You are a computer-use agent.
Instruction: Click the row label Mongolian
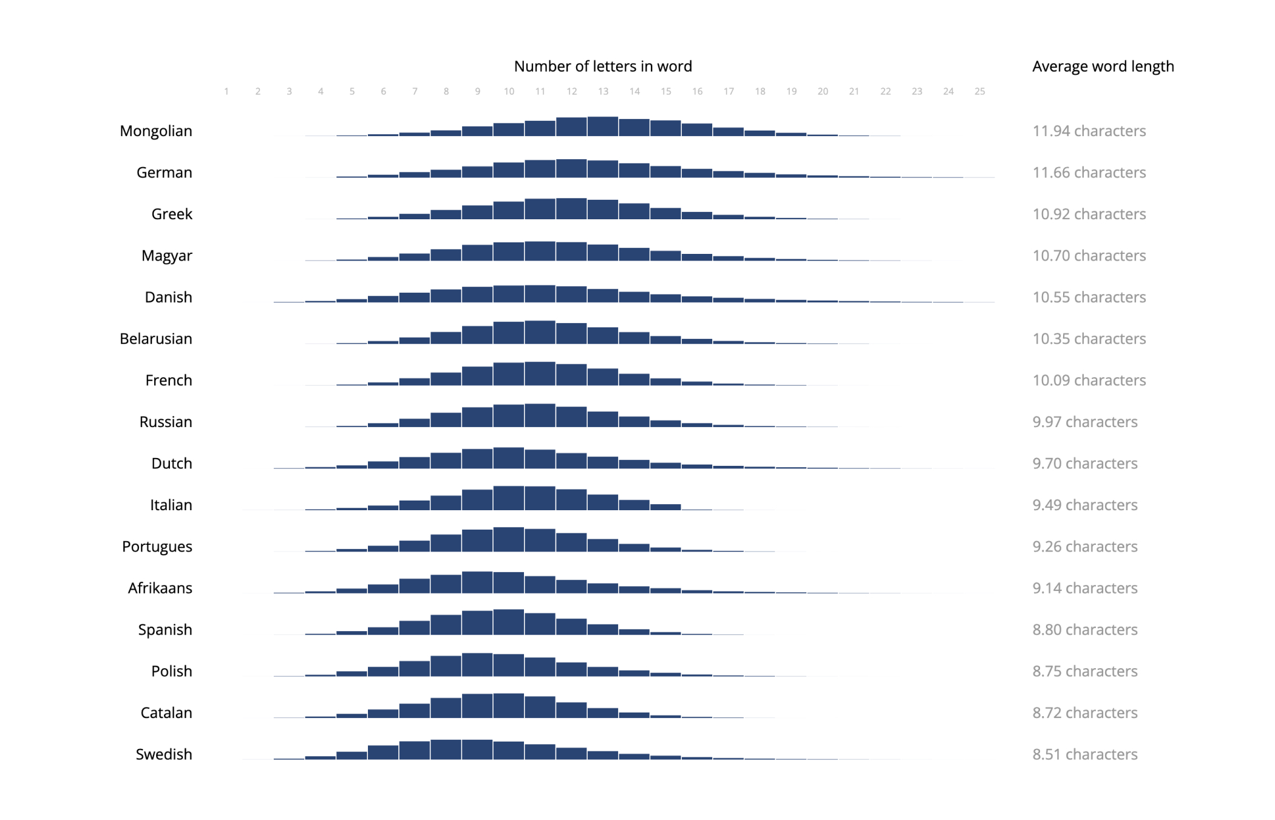click(155, 131)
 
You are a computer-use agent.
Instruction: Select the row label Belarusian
click(155, 338)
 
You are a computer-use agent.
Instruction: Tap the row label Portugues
click(157, 546)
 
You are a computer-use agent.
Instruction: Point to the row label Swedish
click(163, 754)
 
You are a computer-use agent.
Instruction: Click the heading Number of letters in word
click(602, 66)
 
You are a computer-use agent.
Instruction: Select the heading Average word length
click(1103, 66)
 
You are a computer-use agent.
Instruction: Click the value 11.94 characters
click(1089, 131)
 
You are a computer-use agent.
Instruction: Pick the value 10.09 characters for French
click(1089, 380)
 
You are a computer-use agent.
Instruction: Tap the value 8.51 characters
click(1084, 754)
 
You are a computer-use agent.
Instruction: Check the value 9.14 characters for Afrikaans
click(1084, 588)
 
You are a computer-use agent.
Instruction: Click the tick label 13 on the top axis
click(603, 91)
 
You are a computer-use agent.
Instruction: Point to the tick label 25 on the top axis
click(979, 91)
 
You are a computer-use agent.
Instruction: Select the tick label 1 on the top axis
click(226, 91)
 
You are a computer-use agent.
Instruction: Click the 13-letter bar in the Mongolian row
click(603, 126)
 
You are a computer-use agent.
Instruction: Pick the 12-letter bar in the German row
click(571, 168)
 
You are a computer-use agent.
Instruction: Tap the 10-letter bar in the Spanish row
click(509, 622)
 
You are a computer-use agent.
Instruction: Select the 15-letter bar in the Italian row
click(665, 507)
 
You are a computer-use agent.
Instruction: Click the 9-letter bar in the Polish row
click(477, 665)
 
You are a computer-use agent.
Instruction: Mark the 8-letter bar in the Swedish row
click(446, 750)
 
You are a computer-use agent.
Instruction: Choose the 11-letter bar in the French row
click(540, 374)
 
